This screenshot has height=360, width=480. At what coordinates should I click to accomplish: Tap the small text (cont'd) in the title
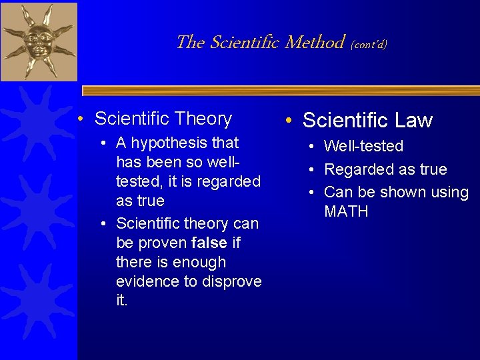click(369, 45)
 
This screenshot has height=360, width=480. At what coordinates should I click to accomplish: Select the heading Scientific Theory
click(163, 119)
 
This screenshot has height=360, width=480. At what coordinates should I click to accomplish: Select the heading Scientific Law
click(367, 121)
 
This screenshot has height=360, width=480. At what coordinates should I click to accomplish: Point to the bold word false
click(209, 242)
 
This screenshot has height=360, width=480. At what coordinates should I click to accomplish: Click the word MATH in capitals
click(346, 212)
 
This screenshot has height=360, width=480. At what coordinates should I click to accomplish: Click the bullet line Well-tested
click(363, 146)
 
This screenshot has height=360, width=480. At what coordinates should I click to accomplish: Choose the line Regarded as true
click(385, 169)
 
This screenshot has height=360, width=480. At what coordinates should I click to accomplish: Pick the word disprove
click(230, 281)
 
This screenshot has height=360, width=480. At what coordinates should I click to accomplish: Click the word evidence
click(147, 281)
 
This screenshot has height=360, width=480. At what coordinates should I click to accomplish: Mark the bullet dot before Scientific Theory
click(80, 119)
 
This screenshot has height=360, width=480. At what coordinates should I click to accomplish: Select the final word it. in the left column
click(121, 301)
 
